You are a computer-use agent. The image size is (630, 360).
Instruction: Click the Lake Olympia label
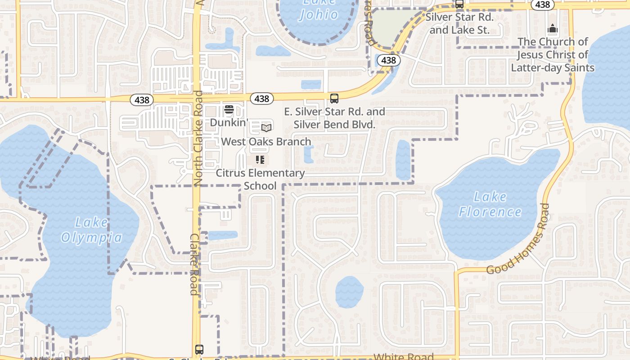(91, 230)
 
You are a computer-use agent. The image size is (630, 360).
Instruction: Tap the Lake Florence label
(490, 204)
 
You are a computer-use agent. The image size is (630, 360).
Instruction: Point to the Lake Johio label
(319, 9)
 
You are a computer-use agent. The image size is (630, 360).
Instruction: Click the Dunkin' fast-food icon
(229, 109)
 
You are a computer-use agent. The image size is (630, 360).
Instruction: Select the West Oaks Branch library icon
(266, 128)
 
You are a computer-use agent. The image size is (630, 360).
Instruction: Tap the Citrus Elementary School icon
(260, 160)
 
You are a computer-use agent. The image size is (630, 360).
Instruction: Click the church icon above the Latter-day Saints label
(553, 29)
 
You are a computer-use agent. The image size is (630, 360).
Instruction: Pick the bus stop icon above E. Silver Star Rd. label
(334, 98)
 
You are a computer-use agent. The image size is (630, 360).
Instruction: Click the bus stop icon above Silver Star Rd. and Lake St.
(459, 4)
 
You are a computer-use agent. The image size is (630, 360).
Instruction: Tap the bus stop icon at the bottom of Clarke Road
(199, 349)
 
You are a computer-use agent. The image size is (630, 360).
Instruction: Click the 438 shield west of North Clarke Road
(142, 100)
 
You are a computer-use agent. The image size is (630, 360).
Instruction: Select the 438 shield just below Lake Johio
(388, 60)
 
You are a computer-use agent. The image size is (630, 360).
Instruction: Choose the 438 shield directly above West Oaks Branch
(261, 99)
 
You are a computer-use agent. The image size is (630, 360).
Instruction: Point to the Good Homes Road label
(518, 239)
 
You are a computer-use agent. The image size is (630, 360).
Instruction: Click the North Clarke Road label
(198, 138)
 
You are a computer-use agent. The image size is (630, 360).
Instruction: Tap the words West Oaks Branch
(266, 141)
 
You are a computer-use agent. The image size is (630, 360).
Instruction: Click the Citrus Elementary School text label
(260, 179)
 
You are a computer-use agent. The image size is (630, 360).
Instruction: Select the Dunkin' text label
(229, 122)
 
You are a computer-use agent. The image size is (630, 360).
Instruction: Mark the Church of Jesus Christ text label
(553, 54)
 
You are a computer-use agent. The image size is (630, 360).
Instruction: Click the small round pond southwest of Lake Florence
(349, 292)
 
